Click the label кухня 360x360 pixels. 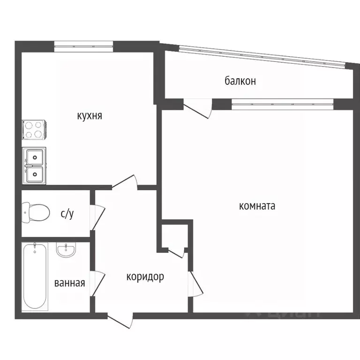pos(90,116)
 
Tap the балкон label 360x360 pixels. pos(240,81)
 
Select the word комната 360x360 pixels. pos(257,206)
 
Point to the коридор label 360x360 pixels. pos(145,277)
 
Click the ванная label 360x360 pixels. pos(69,283)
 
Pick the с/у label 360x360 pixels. pos(67,214)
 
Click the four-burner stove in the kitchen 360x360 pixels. pos(34,130)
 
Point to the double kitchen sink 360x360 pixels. pos(34,166)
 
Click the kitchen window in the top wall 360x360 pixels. pos(83,46)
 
